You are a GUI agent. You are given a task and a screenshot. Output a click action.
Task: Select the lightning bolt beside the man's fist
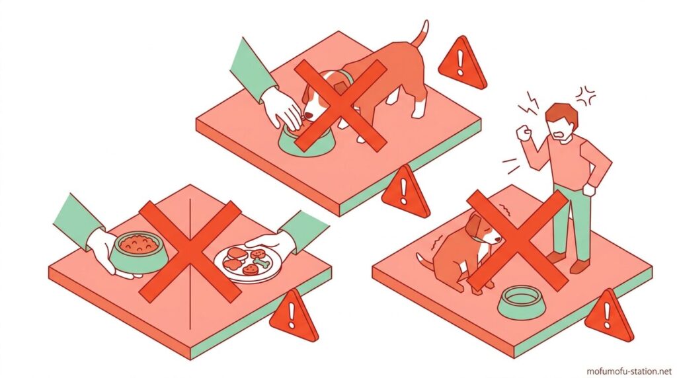pyautogui.click(x=530, y=104)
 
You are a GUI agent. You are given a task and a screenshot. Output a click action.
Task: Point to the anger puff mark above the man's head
pyautogui.click(x=586, y=96)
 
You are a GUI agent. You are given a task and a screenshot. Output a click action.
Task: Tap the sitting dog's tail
pyautogui.click(x=425, y=264)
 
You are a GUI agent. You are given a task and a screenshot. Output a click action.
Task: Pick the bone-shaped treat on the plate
pyautogui.click(x=260, y=260)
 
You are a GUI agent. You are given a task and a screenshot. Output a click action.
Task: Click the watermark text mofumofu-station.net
pyautogui.click(x=629, y=371)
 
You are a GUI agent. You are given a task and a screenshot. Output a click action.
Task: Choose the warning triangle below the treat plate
pyautogui.click(x=294, y=315)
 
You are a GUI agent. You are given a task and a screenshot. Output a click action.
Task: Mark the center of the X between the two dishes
pyautogui.click(x=190, y=251)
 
